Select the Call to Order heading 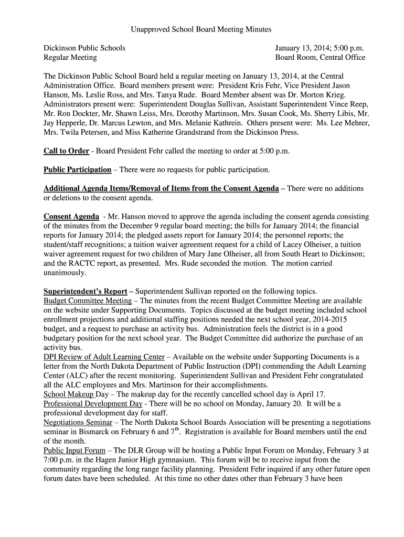point(66,151)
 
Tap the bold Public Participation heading point(77,169)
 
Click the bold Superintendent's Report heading point(85,291)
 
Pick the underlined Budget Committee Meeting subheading point(88,300)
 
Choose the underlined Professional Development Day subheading point(93,404)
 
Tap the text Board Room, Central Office point(320,57)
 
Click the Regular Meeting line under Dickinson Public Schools point(70,57)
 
